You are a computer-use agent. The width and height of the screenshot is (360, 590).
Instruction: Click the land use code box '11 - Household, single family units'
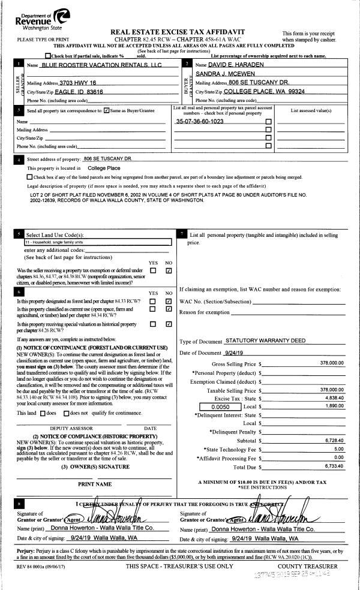[x=98, y=242]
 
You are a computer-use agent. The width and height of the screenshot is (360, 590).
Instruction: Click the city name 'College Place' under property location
[x=104, y=168]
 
